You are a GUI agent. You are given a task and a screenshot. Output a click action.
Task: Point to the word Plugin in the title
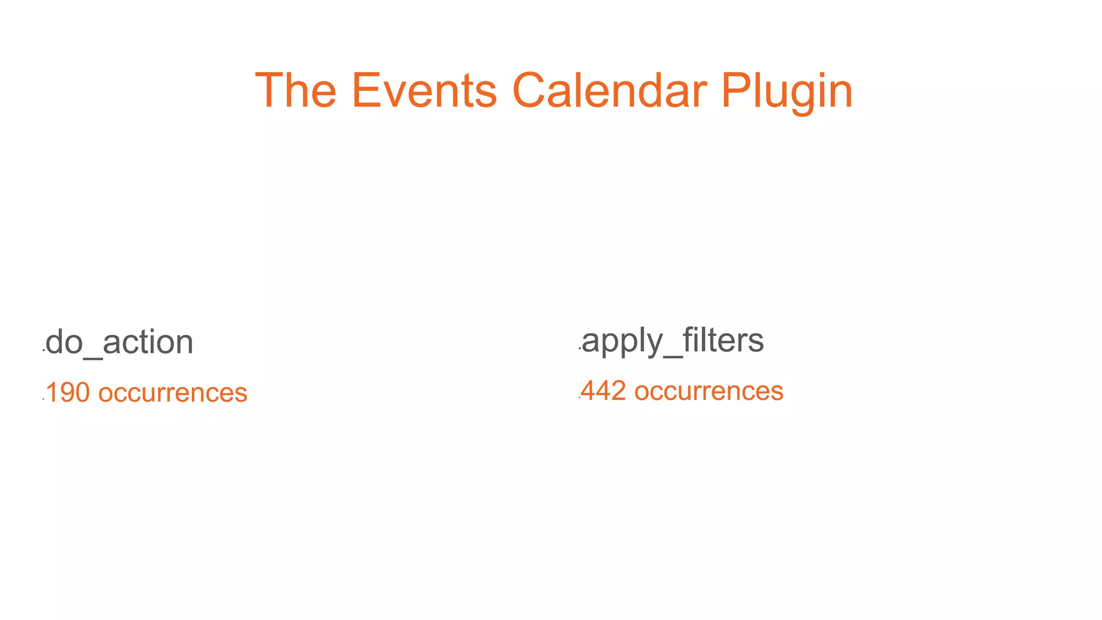coord(787,91)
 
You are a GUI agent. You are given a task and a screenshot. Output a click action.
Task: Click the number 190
coord(68,393)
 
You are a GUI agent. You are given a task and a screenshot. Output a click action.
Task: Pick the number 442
coord(603,391)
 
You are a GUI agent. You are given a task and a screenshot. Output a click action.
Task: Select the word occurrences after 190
coord(173,393)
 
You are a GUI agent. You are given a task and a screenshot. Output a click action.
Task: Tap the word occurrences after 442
coord(709,391)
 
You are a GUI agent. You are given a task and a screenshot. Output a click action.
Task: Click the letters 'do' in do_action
coord(63,342)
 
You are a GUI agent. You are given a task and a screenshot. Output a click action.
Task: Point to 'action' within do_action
coord(147,342)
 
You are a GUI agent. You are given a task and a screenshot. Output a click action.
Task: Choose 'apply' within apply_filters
coord(623,341)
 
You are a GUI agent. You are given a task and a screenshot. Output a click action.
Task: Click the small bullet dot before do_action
coord(43,350)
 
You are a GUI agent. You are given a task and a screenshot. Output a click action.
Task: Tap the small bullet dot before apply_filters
coord(579,349)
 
